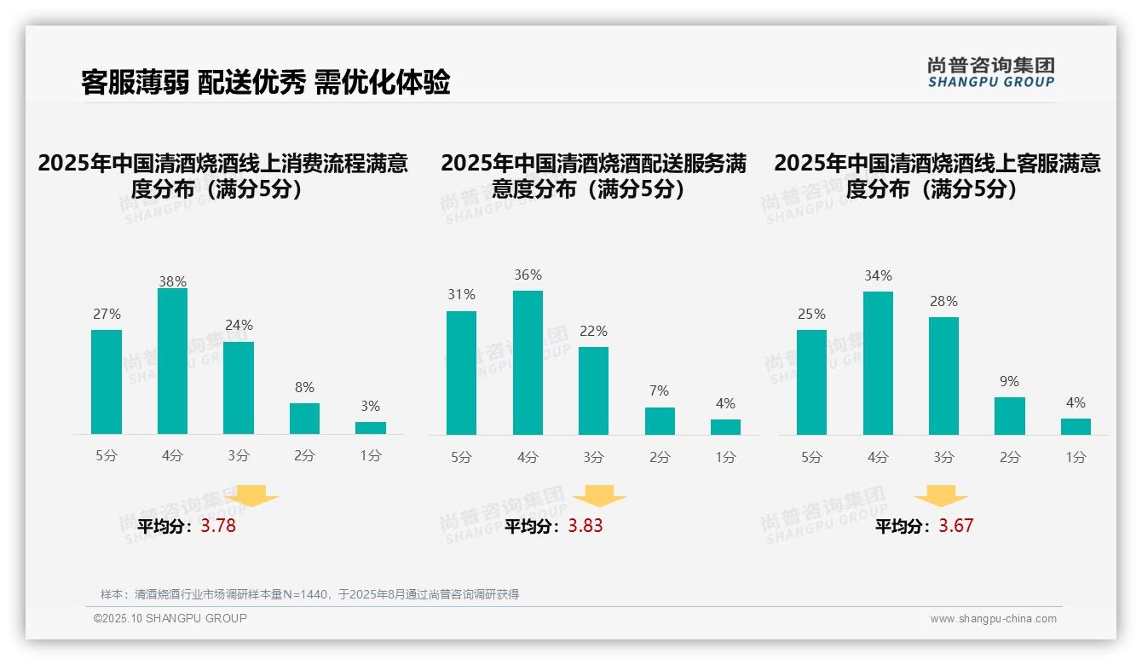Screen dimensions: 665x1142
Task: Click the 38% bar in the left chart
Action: (x=172, y=361)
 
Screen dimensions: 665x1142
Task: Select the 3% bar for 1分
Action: (x=370, y=428)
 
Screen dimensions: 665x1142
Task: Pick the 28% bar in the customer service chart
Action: (x=943, y=376)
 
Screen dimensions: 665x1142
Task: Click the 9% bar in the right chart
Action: (x=1009, y=416)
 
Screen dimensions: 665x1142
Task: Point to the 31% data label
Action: (x=461, y=294)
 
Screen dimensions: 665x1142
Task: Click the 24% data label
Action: (x=239, y=325)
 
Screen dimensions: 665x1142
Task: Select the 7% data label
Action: (x=659, y=390)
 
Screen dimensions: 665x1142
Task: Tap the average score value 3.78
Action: (x=218, y=526)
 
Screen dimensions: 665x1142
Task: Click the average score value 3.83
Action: (x=585, y=526)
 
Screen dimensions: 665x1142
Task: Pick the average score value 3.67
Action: (x=955, y=526)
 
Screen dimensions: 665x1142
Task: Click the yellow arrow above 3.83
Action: (x=599, y=495)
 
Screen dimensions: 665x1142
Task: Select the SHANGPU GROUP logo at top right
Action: (x=990, y=72)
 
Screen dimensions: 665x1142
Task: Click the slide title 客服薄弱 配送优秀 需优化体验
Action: (x=265, y=83)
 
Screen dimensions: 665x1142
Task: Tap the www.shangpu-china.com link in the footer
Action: (x=993, y=619)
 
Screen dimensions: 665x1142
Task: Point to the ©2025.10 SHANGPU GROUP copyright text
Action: (x=170, y=618)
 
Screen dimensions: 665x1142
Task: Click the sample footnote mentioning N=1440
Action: (x=309, y=594)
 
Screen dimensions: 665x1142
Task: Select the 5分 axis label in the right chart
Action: (x=811, y=457)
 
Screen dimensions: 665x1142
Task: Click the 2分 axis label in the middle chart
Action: (x=659, y=457)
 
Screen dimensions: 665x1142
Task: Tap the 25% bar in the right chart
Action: (x=811, y=382)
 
